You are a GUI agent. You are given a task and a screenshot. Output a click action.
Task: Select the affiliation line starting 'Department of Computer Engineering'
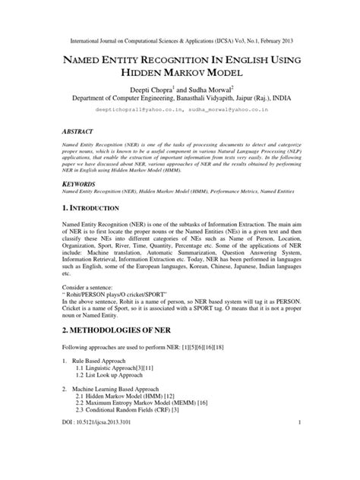pos(180,98)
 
